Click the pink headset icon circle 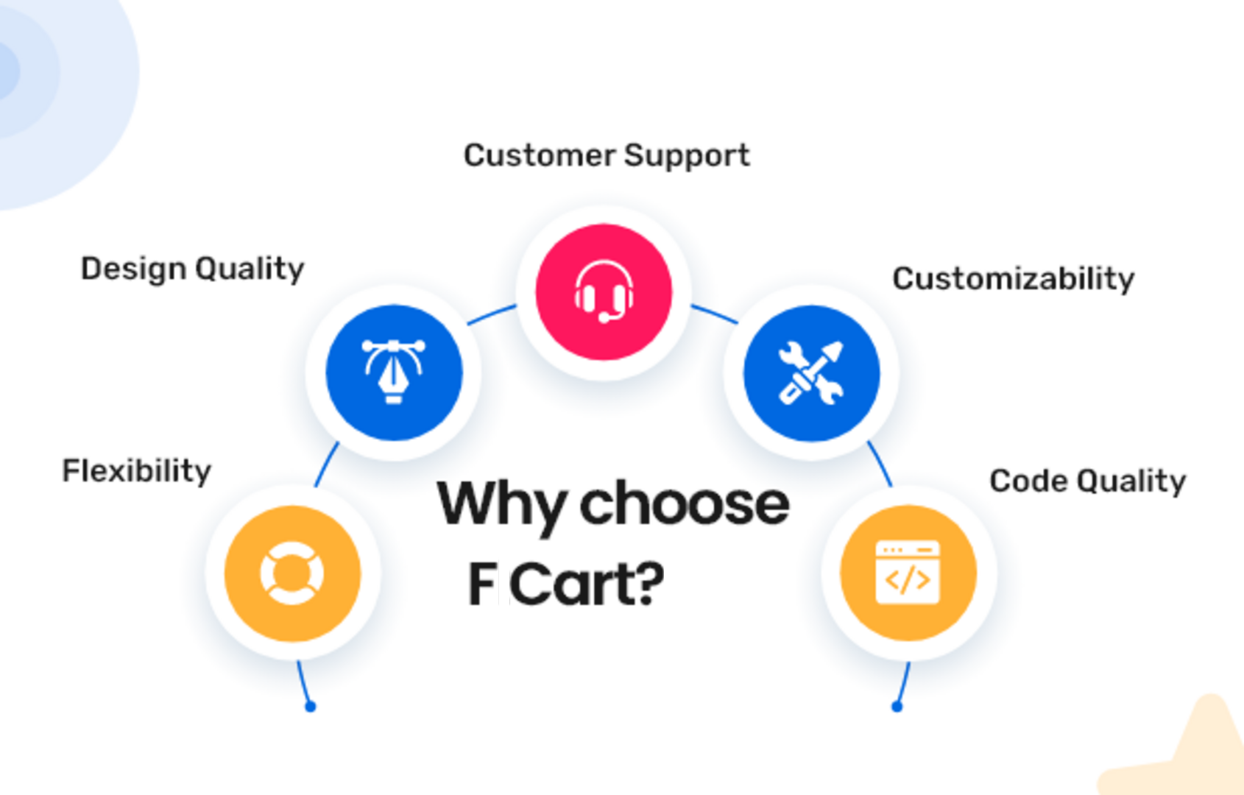pos(604,292)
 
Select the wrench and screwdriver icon pos(811,372)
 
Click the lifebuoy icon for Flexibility pos(293,573)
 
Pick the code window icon pos(908,573)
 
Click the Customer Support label pos(607,156)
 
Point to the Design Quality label pos(193,270)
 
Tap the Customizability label pos(1014,279)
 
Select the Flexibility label pos(137,472)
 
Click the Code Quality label pos(1088,481)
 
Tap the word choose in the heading pos(685,504)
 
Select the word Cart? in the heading pos(587,583)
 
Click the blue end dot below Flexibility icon pos(311,707)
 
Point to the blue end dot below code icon pos(897,707)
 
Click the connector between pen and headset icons pos(492,314)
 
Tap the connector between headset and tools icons pos(715,314)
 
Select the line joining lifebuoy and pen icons pos(326,464)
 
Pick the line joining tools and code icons pos(880,464)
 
